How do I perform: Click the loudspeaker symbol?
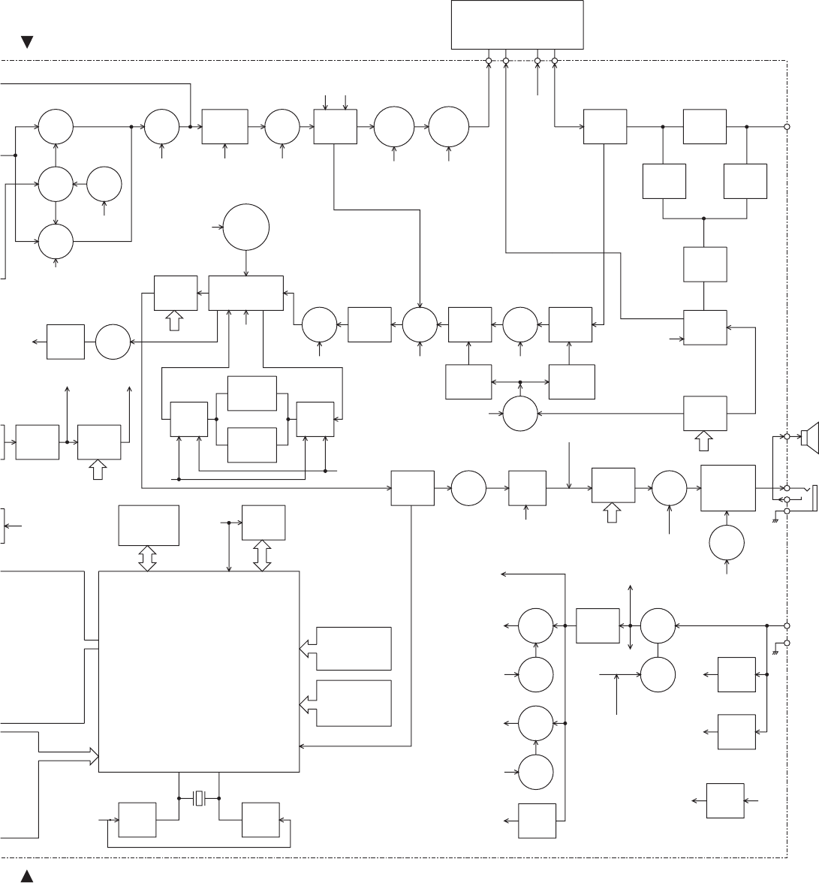(x=810, y=437)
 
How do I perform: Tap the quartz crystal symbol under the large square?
(x=199, y=797)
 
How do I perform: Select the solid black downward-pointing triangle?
(x=27, y=43)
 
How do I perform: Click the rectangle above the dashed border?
(x=517, y=25)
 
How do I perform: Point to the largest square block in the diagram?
(x=199, y=671)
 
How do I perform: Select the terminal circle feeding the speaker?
(x=787, y=436)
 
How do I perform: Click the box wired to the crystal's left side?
(x=137, y=820)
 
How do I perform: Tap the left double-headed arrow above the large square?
(x=148, y=559)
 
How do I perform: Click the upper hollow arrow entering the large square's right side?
(x=308, y=647)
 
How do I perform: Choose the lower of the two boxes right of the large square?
(x=354, y=704)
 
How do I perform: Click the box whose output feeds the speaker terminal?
(x=727, y=488)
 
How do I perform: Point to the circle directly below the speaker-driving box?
(x=727, y=544)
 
